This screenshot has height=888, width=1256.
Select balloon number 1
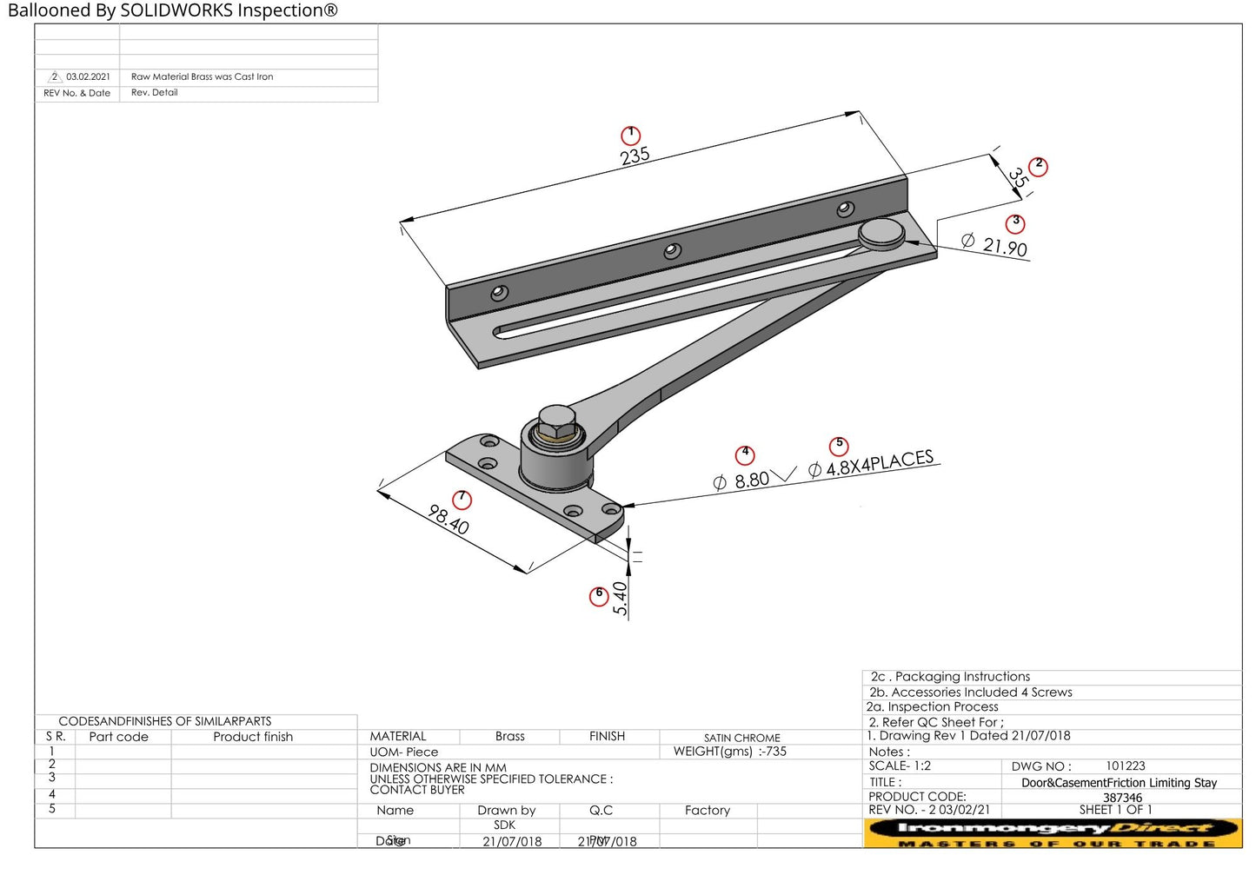click(630, 136)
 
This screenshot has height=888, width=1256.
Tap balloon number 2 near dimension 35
click(1038, 167)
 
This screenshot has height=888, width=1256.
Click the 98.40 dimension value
click(449, 520)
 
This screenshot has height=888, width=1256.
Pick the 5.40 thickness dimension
click(620, 598)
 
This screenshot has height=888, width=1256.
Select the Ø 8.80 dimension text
click(741, 480)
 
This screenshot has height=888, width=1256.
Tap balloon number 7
click(462, 500)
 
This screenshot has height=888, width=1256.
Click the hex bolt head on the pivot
click(556, 423)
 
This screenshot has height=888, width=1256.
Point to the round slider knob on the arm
click(881, 232)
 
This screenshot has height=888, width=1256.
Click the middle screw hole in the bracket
click(672, 251)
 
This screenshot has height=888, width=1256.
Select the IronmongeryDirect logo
click(1053, 832)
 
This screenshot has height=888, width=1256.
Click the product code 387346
click(1122, 797)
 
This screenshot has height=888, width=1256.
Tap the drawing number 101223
click(1125, 766)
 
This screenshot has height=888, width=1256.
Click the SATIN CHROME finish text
click(741, 738)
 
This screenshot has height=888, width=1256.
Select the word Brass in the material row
click(509, 736)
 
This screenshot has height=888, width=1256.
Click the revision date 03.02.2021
click(88, 77)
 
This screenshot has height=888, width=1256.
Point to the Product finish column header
click(253, 737)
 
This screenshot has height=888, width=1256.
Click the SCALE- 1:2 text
click(900, 766)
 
